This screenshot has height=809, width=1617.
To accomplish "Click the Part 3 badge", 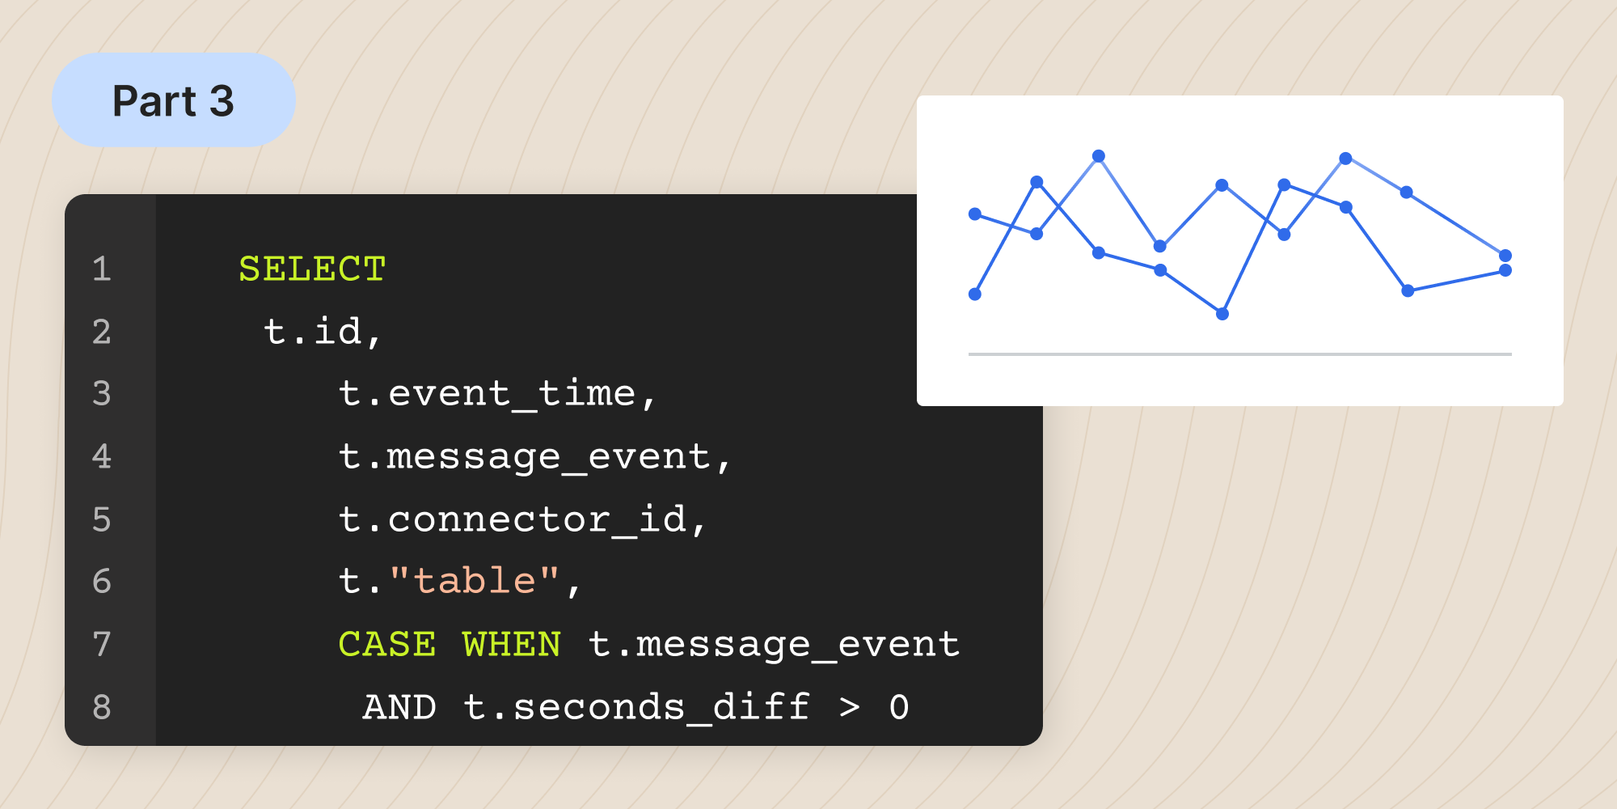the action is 174,100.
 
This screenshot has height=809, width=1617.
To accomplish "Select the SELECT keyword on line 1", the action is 312,269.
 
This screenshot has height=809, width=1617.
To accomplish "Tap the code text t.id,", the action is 323,332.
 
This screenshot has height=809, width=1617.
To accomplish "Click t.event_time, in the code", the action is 497,394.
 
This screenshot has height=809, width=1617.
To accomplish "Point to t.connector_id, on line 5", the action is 522,519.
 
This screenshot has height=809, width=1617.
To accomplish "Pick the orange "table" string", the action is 475,580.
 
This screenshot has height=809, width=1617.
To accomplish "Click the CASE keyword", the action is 387,644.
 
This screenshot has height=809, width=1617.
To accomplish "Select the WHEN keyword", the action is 512,644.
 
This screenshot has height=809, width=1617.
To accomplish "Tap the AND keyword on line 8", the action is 399,707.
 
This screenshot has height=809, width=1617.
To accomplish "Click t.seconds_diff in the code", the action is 636,707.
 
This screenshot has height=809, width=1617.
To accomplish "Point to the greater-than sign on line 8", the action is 849,708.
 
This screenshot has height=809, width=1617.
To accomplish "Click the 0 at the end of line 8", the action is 899,707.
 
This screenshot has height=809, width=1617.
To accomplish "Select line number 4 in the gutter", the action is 101,457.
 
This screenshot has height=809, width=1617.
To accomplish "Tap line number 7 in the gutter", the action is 101,645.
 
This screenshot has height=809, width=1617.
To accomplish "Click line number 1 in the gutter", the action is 101,269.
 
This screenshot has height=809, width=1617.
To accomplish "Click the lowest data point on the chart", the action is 1222,314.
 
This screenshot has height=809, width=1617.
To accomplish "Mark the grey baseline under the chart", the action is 1240,354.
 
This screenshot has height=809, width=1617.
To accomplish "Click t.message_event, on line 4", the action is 534,457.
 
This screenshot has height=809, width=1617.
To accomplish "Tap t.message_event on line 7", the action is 774,645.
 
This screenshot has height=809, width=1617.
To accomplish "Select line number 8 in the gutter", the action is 101,708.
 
